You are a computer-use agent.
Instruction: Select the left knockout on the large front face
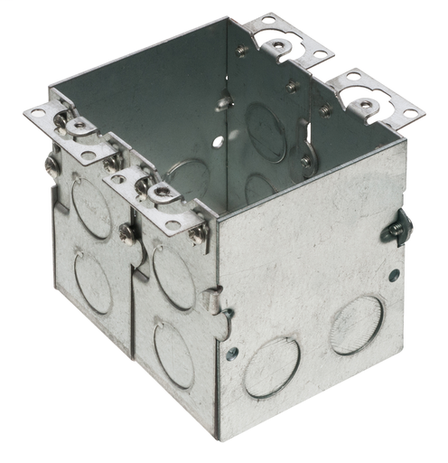(x=272, y=366)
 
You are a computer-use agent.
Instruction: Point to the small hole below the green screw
(x=394, y=274)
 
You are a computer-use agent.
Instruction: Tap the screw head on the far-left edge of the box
(x=52, y=165)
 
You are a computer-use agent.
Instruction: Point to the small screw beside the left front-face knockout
(x=234, y=354)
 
